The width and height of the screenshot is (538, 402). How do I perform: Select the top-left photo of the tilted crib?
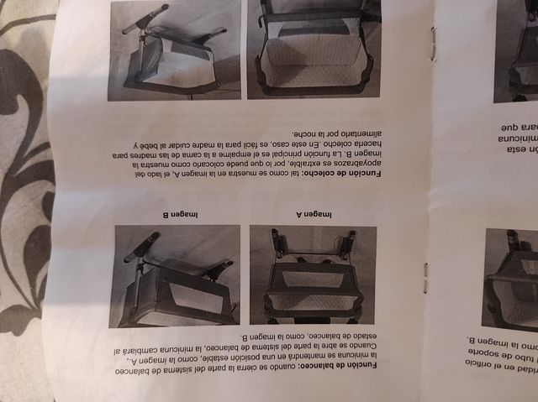click(x=174, y=49)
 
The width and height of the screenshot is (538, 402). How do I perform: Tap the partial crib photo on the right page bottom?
click(x=510, y=280)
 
